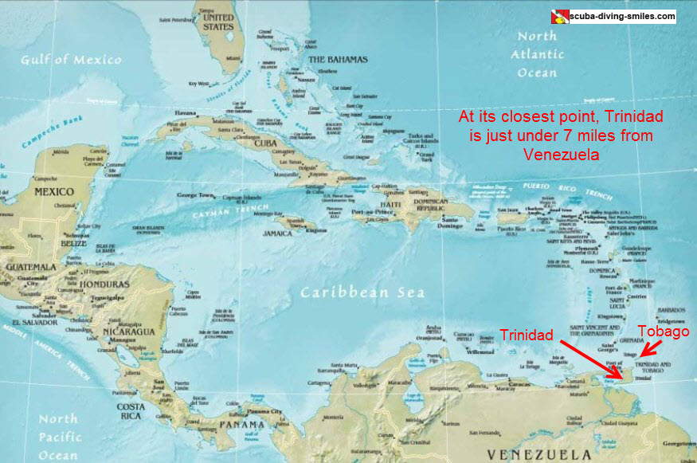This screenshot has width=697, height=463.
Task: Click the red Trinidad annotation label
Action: click(x=527, y=335)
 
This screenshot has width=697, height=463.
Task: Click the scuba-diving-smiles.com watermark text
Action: click(x=622, y=15)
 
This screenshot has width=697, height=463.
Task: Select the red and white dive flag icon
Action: click(x=559, y=16)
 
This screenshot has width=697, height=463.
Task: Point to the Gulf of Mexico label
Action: click(x=72, y=60)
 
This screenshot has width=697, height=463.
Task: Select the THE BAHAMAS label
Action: click(x=338, y=60)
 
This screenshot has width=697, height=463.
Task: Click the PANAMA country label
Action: click(x=241, y=425)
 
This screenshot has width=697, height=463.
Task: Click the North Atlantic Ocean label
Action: click(x=537, y=54)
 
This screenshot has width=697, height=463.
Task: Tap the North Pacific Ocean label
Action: click(x=59, y=436)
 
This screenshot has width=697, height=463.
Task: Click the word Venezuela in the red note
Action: click(x=562, y=155)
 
